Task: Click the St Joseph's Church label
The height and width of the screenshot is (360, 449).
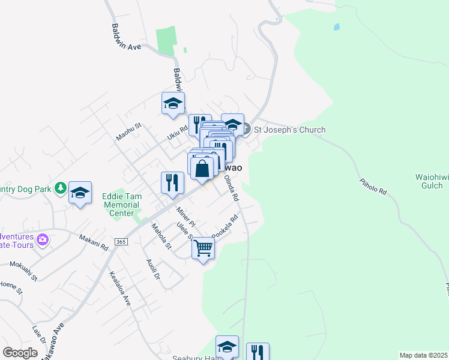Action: [290, 130]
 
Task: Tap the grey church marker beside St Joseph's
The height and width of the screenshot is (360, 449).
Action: [246, 127]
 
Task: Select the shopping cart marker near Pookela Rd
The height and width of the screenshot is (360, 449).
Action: [203, 247]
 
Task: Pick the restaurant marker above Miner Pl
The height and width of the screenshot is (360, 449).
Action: [172, 182]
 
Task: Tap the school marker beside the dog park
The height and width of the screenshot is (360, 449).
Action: [80, 193]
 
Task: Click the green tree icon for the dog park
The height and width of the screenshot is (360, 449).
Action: [60, 188]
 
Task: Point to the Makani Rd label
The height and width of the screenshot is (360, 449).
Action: [94, 242]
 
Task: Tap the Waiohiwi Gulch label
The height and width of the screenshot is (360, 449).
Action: [429, 181]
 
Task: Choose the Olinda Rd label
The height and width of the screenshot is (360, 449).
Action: [231, 188]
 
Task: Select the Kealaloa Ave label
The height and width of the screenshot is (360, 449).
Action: [119, 289]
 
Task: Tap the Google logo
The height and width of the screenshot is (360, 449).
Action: [20, 353]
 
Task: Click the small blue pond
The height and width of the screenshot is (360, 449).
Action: [336, 27]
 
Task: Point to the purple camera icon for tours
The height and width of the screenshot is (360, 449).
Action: [42, 240]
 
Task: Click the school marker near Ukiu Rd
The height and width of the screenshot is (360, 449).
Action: [173, 103]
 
